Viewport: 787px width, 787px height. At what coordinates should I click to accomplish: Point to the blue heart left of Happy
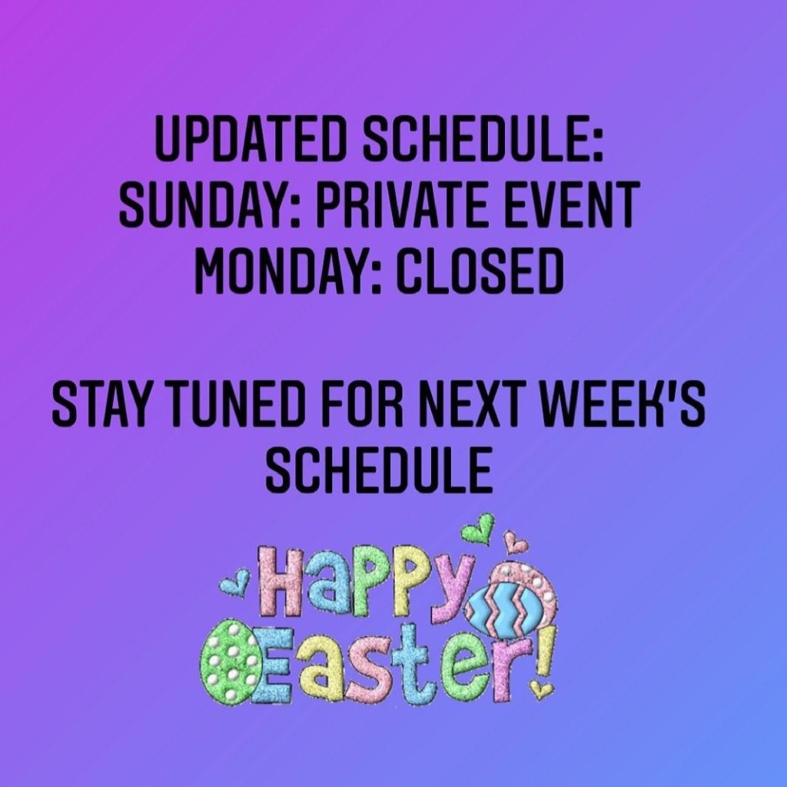click(234, 583)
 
